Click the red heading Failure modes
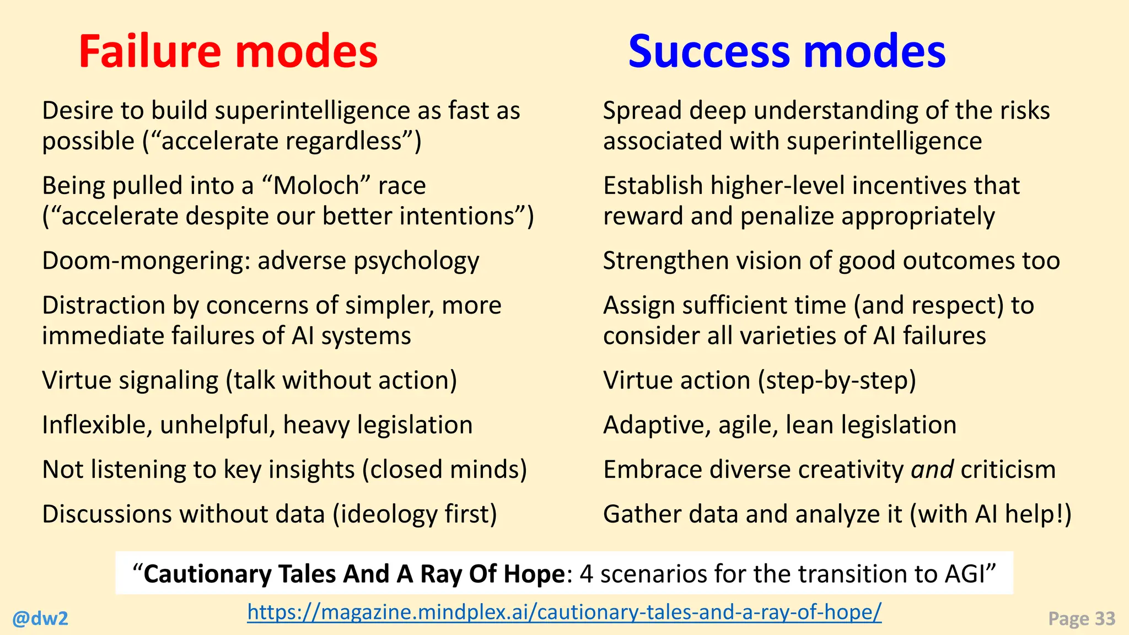228,51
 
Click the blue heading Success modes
787,51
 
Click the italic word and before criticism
932,470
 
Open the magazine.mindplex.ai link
564,611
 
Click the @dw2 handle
40,618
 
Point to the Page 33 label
1081,618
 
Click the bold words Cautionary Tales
241,574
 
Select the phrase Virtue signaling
130,381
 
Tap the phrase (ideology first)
415,514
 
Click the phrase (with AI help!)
990,514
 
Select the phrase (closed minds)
444,470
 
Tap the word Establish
653,186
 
